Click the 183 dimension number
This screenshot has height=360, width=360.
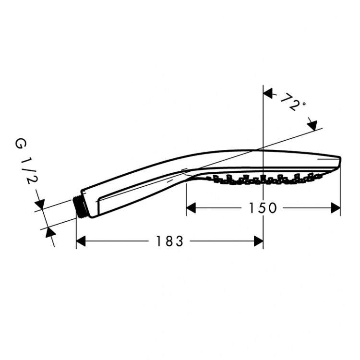tap(169, 241)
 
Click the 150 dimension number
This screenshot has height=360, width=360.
tap(263, 208)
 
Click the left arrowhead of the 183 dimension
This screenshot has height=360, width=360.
tap(81, 241)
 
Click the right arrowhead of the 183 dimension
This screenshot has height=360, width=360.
tap(258, 241)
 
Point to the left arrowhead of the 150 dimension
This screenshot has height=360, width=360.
tap(191, 208)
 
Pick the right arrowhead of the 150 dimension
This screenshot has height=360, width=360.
tap(336, 208)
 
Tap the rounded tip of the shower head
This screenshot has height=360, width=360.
tap(340, 161)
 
